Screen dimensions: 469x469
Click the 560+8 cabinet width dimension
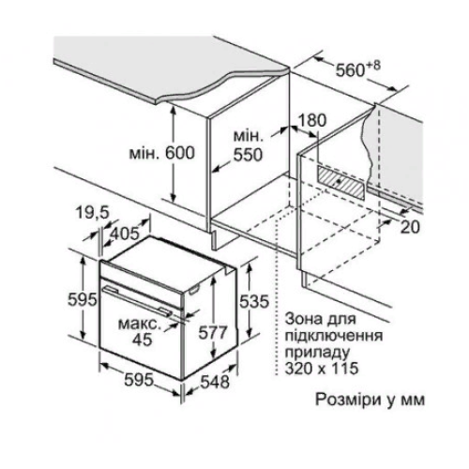click(358, 69)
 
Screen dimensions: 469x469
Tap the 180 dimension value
click(312, 120)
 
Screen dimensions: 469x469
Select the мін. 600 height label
click(162, 153)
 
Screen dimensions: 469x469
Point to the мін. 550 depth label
click(248, 146)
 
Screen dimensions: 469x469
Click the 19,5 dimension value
click(93, 213)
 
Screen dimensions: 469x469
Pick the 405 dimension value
click(125, 234)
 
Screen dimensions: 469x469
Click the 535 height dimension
click(254, 301)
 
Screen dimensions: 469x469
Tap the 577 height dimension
click(213, 332)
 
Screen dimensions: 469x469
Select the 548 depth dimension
click(215, 381)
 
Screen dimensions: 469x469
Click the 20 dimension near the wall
click(410, 227)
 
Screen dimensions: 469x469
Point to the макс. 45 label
click(140, 331)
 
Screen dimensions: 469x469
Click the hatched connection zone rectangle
click(341, 183)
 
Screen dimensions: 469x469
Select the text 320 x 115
click(322, 368)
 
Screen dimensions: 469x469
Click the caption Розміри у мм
click(370, 400)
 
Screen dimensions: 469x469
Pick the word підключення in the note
click(334, 336)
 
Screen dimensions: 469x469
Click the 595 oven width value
click(139, 380)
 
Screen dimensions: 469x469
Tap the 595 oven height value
click(83, 300)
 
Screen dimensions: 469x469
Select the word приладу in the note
click(317, 353)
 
